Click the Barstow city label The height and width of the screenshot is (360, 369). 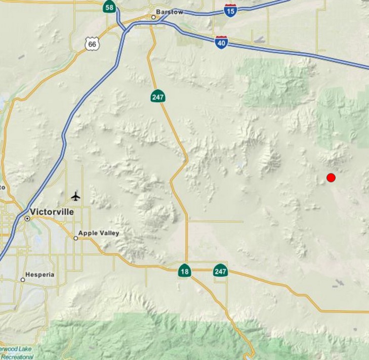tap(170, 12)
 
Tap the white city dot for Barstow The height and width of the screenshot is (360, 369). tap(153, 17)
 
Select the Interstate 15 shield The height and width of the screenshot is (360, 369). tap(230, 10)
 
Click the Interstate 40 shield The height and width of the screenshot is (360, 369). tap(221, 42)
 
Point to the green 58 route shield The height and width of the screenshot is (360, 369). tap(109, 7)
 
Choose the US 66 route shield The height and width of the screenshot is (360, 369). tap(92, 44)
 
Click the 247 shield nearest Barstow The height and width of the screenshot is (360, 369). tap(157, 96)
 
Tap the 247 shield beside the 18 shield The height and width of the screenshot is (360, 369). tap(220, 271)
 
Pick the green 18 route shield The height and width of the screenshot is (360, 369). tap(185, 271)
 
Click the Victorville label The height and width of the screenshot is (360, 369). tap(52, 212)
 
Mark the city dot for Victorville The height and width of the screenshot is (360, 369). tap(27, 218)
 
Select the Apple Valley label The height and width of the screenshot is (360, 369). tap(99, 233)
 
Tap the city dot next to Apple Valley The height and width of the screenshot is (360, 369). tap(75, 238)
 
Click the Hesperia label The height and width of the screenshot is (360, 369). tap(40, 275)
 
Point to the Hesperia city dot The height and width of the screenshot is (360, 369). tap(23, 280)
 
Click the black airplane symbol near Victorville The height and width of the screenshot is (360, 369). tap(76, 196)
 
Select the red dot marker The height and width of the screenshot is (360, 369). tap(331, 177)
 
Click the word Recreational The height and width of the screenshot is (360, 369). tap(17, 356)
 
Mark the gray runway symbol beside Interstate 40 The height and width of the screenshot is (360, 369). tap(259, 39)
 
